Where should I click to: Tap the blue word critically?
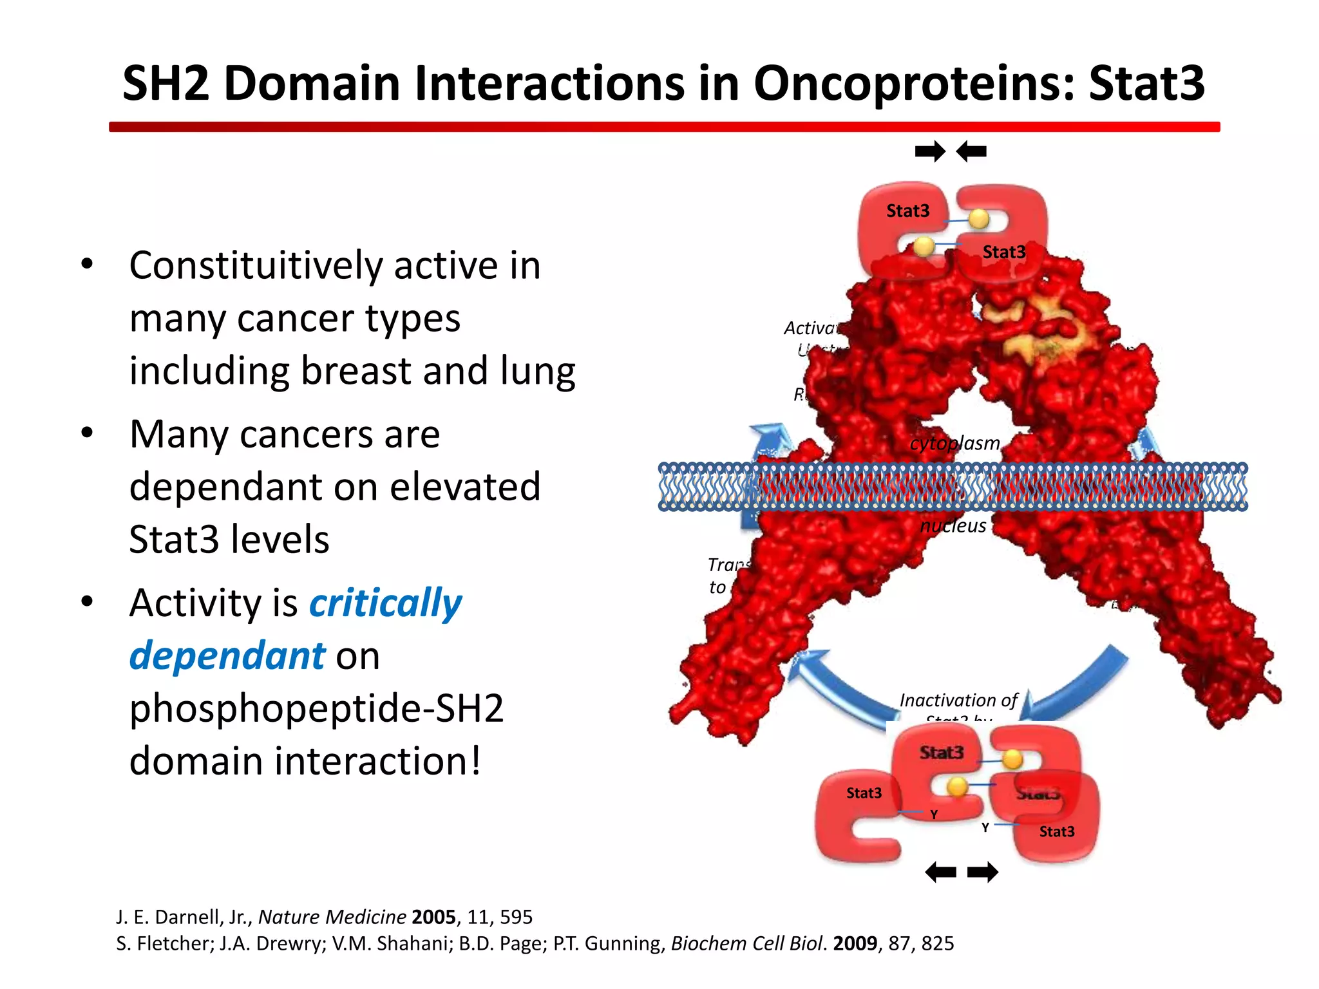point(385,603)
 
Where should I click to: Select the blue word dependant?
point(227,656)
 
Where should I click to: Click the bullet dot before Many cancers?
point(88,433)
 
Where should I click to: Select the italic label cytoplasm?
point(954,443)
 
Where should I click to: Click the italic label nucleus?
point(953,526)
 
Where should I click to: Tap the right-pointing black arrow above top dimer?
point(930,152)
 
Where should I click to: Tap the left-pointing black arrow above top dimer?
point(971,152)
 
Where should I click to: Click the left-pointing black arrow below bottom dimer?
point(940,872)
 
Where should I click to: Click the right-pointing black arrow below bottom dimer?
point(983,872)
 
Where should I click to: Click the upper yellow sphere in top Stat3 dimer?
point(978,219)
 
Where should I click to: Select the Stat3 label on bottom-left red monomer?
point(864,793)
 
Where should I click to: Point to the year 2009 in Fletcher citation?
point(855,943)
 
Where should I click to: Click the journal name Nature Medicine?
point(332,917)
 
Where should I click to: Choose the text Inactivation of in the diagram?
point(958,701)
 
